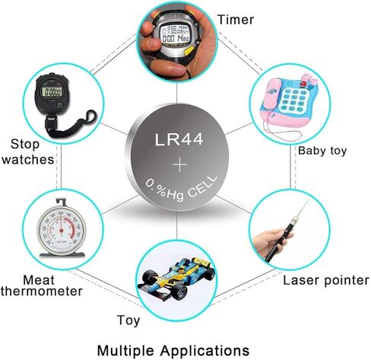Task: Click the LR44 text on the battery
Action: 179,139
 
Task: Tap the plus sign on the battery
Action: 179,164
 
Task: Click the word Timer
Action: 236,20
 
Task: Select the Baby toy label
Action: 322,151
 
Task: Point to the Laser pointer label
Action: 326,280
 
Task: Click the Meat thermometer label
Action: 41,285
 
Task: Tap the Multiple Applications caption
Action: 173,351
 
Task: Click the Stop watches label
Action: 28,152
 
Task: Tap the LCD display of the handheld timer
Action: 175,33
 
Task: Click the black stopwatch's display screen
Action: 52,91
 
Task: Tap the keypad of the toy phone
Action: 295,101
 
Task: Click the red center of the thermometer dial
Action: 61,231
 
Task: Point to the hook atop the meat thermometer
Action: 62,202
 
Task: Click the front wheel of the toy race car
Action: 179,290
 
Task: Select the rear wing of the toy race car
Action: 200,263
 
